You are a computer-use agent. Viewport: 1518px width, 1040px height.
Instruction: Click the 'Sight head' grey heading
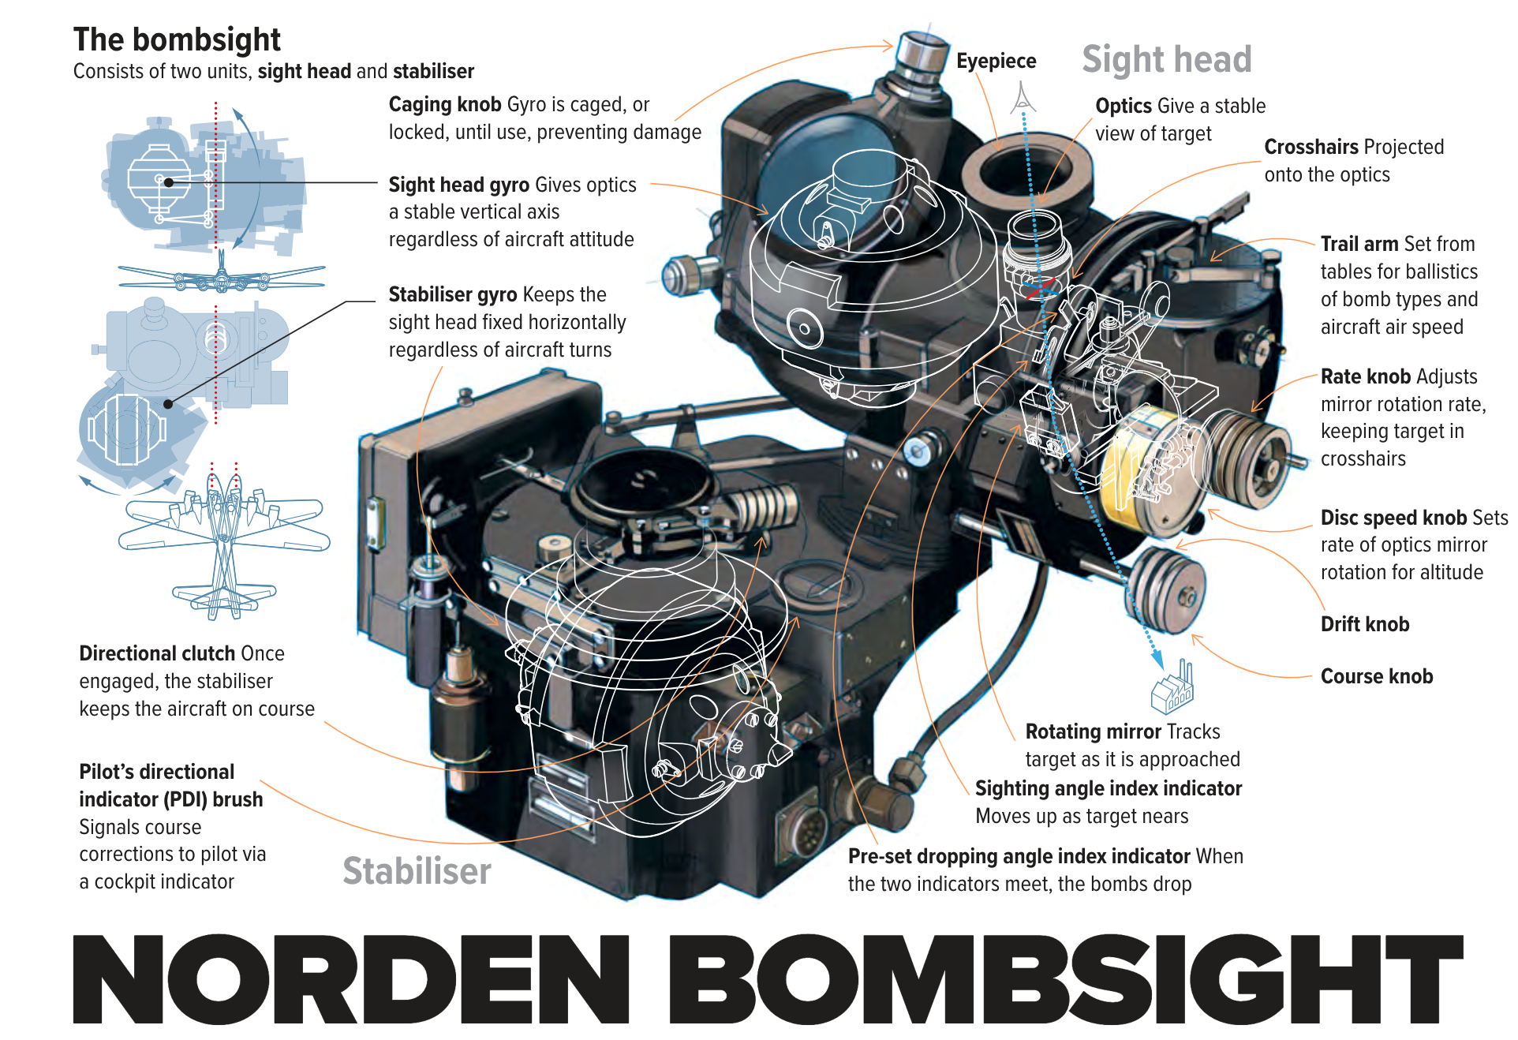click(1166, 60)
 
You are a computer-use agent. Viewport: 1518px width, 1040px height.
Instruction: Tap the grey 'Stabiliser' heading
click(417, 871)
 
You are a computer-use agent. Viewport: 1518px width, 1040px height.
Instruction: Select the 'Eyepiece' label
click(996, 62)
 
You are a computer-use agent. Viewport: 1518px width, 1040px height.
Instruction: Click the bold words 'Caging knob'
click(445, 105)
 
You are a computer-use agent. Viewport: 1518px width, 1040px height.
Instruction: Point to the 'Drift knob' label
click(1364, 624)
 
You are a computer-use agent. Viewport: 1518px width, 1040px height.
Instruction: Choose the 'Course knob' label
click(1376, 676)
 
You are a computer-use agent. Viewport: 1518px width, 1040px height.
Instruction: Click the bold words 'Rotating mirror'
click(1093, 732)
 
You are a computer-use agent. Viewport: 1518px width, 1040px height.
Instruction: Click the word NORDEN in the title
click(351, 979)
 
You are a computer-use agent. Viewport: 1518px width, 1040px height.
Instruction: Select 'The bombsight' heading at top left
click(177, 39)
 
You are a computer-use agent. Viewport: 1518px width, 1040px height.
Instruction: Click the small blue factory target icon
click(1173, 686)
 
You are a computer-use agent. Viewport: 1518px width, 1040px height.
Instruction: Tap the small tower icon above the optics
click(1023, 97)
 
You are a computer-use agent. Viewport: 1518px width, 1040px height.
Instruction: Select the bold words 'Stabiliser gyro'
click(453, 295)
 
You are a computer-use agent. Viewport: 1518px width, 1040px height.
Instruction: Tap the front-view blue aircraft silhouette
click(222, 277)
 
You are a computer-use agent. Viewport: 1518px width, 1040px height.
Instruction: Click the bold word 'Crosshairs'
click(1310, 148)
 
